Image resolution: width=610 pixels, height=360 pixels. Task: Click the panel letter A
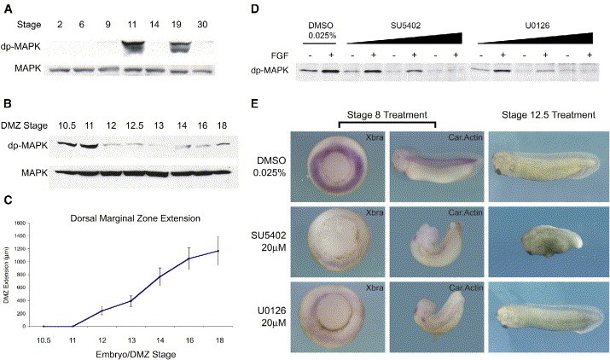8,8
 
